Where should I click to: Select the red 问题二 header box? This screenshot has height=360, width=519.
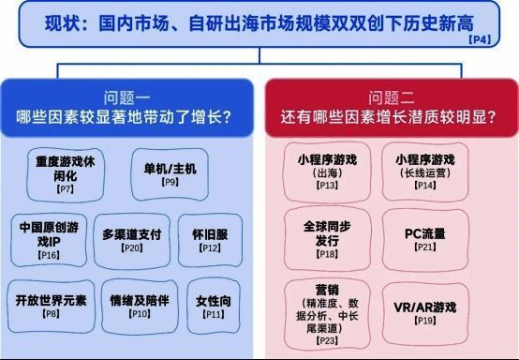click(x=391, y=108)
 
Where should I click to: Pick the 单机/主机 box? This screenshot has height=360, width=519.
click(x=170, y=174)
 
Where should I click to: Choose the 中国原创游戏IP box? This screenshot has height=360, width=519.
click(x=48, y=240)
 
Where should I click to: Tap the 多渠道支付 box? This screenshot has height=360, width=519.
click(x=133, y=240)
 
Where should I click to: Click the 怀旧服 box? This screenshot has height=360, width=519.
click(x=212, y=240)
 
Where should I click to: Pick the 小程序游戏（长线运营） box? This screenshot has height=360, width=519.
click(x=425, y=172)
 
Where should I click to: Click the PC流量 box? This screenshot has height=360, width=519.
click(x=426, y=238)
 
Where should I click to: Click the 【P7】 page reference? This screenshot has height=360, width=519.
click(x=66, y=189)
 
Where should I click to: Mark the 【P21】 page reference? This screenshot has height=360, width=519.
click(x=426, y=247)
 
